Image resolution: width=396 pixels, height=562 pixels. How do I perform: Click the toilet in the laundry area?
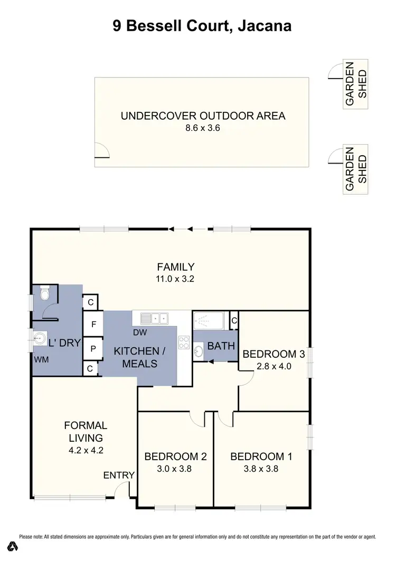[44, 294]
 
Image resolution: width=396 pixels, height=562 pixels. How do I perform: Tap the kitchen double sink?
[154, 318]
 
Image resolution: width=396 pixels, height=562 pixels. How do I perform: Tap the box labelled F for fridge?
[93, 325]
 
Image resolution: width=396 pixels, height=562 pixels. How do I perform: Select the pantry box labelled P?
[93, 348]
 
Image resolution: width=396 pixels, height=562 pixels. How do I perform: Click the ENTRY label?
[119, 475]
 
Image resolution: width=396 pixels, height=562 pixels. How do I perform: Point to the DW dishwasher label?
[139, 333]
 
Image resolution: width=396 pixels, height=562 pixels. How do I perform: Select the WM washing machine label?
[41, 359]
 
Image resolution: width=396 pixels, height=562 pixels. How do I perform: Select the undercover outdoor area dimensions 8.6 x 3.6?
[203, 128]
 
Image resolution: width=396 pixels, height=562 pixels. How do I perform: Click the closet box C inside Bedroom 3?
[234, 320]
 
